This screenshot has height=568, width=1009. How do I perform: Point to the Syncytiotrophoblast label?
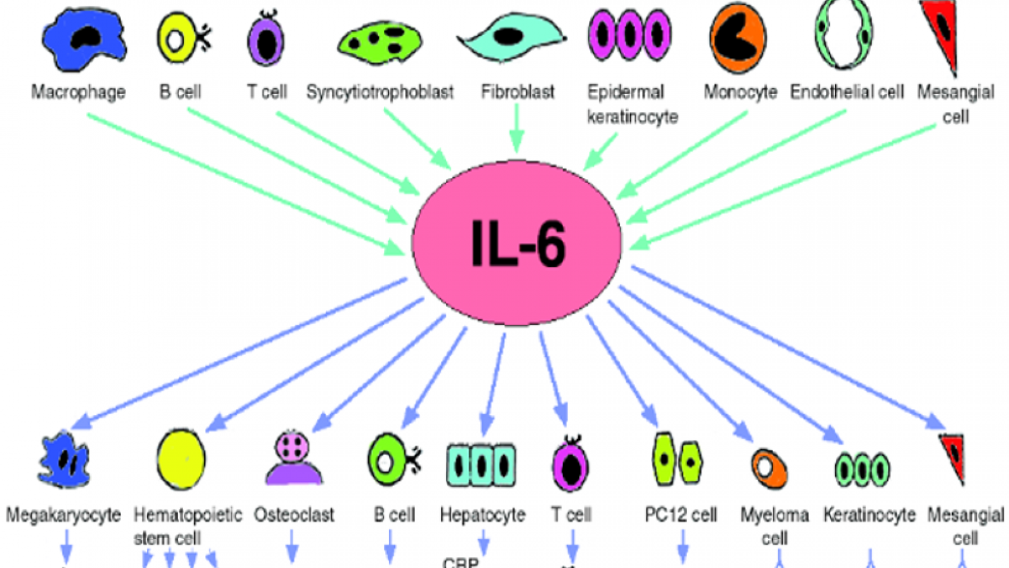click(x=380, y=92)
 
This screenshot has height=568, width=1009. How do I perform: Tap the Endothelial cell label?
click(x=847, y=92)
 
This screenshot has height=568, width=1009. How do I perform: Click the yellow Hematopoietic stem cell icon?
click(x=181, y=459)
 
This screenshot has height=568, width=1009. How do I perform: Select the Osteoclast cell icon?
click(x=293, y=458)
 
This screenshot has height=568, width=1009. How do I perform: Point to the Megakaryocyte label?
click(x=63, y=515)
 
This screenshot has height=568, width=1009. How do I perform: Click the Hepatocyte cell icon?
click(x=481, y=465)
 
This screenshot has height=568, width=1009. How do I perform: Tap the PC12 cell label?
click(x=680, y=515)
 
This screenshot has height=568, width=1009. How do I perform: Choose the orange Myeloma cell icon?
click(x=769, y=468)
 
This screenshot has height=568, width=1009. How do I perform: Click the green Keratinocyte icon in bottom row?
click(x=862, y=470)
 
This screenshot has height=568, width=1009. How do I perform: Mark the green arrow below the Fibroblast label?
click(x=516, y=129)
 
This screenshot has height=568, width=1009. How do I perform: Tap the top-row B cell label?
click(x=180, y=92)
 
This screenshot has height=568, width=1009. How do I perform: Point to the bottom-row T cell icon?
click(x=571, y=465)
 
